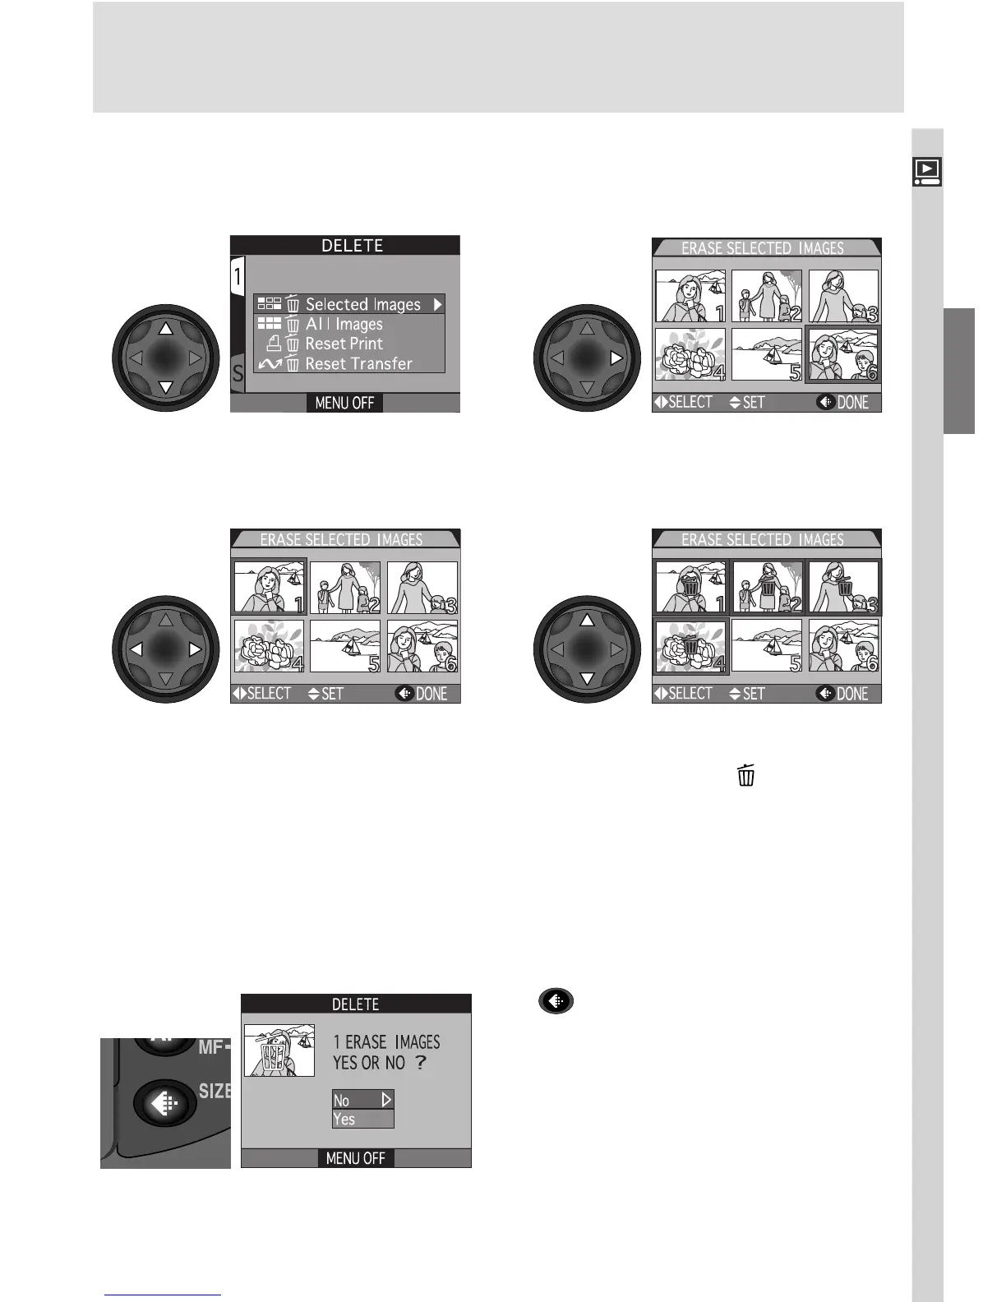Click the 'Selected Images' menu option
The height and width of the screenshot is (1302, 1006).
tap(362, 304)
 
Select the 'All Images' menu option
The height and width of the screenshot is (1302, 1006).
tap(344, 324)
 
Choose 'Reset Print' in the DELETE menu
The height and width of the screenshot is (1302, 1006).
tap(344, 344)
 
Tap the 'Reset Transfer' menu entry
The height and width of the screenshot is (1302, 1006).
tap(358, 363)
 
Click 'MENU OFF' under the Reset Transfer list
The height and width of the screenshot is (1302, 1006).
tap(344, 403)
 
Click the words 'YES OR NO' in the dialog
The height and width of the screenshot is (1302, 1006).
tap(370, 1063)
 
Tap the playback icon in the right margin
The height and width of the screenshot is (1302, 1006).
tap(927, 171)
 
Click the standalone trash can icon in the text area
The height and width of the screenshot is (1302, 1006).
tap(745, 775)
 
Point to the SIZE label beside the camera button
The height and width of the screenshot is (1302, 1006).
tap(215, 1091)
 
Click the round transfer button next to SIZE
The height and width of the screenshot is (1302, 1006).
tap(165, 1104)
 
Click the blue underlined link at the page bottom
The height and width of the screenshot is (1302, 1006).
tap(164, 1295)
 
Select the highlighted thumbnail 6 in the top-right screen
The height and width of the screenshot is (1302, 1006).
tap(843, 354)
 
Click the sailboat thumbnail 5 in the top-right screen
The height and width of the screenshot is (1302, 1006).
tap(766, 354)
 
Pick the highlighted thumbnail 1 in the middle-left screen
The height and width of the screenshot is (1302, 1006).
tap(270, 587)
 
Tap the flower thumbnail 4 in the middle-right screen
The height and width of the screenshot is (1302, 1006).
tap(690, 646)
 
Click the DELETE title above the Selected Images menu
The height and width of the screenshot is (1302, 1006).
tap(352, 246)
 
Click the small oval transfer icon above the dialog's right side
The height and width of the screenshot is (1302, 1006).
tap(556, 1001)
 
